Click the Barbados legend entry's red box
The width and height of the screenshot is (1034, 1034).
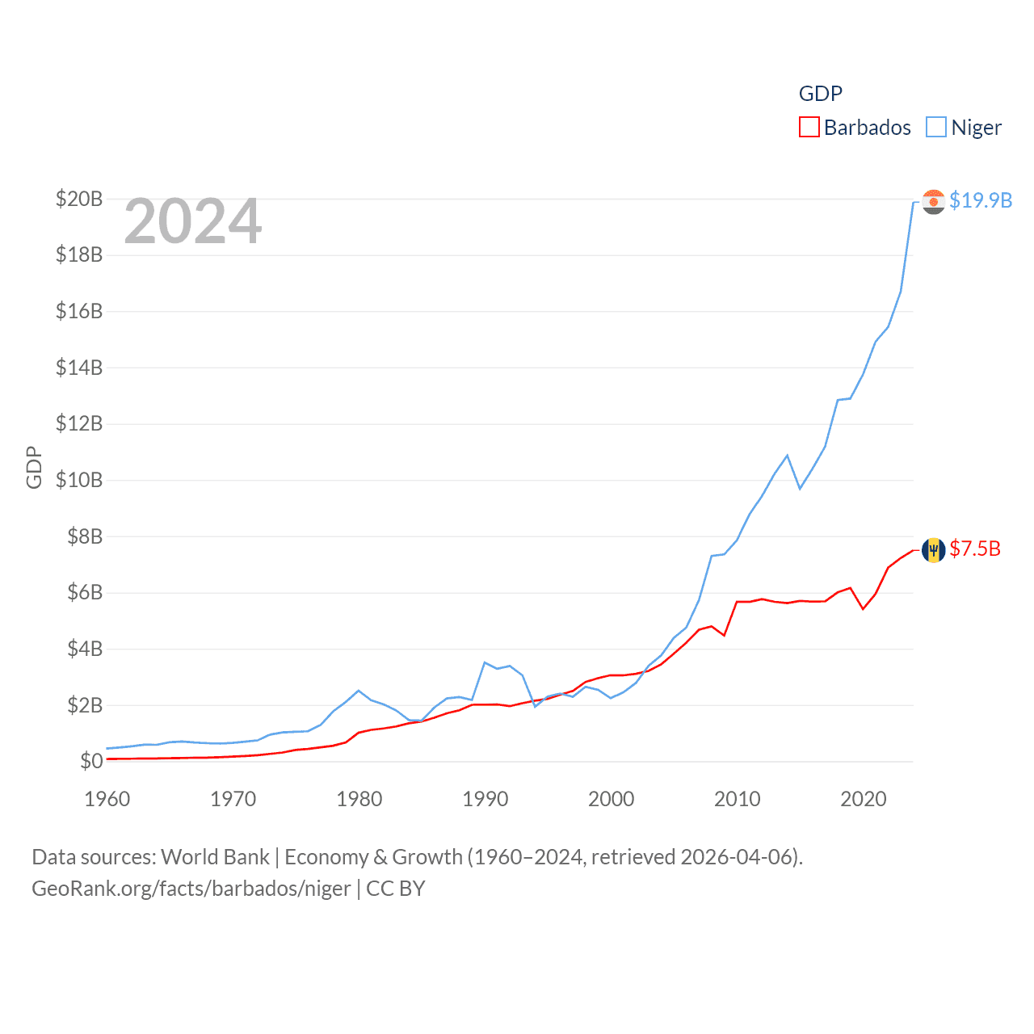point(809,128)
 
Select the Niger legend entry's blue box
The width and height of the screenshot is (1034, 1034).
point(935,128)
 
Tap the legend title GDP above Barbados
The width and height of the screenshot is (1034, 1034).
point(820,94)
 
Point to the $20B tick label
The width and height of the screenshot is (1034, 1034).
point(79,199)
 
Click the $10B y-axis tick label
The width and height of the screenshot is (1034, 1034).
point(79,480)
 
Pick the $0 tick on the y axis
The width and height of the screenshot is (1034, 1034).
point(91,761)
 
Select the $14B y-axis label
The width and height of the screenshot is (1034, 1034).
point(79,368)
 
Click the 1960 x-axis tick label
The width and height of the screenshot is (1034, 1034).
point(107,799)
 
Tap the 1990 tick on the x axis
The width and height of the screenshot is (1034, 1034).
point(485,799)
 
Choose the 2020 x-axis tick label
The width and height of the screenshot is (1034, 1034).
point(864,799)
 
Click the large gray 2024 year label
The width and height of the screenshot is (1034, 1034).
point(193,221)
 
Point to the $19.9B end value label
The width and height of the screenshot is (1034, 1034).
point(981,200)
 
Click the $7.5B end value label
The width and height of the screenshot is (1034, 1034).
point(975,549)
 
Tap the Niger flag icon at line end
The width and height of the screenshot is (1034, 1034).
point(933,201)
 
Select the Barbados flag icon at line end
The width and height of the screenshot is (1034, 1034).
point(933,550)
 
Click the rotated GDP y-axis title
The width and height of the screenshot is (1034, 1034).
point(34,467)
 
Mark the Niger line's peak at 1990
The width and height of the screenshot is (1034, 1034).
point(485,662)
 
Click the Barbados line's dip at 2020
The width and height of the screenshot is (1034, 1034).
point(863,608)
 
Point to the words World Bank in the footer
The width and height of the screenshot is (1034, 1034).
point(216,856)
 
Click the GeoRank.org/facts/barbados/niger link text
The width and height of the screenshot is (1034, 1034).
point(191,889)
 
